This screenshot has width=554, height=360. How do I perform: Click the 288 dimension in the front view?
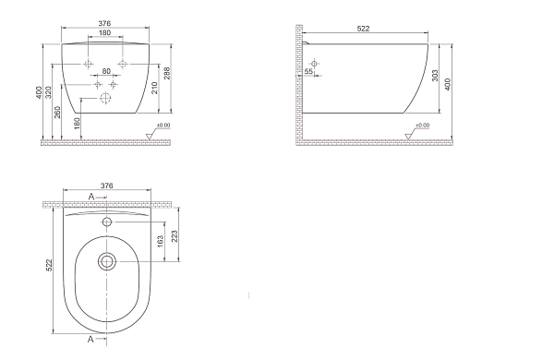click(167, 73)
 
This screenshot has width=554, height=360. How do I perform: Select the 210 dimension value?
click(154, 88)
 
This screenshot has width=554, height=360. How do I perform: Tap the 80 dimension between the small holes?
click(106, 71)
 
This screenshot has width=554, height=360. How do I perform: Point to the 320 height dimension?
click(49, 92)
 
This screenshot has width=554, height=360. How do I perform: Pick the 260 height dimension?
click(57, 112)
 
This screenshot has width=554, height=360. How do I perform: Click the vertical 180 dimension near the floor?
click(78, 124)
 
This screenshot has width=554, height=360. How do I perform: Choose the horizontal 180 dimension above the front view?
click(104, 33)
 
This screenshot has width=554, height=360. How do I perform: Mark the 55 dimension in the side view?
click(308, 71)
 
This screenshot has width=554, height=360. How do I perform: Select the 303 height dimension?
click(435, 76)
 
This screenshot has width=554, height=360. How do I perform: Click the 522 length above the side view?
click(363, 29)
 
